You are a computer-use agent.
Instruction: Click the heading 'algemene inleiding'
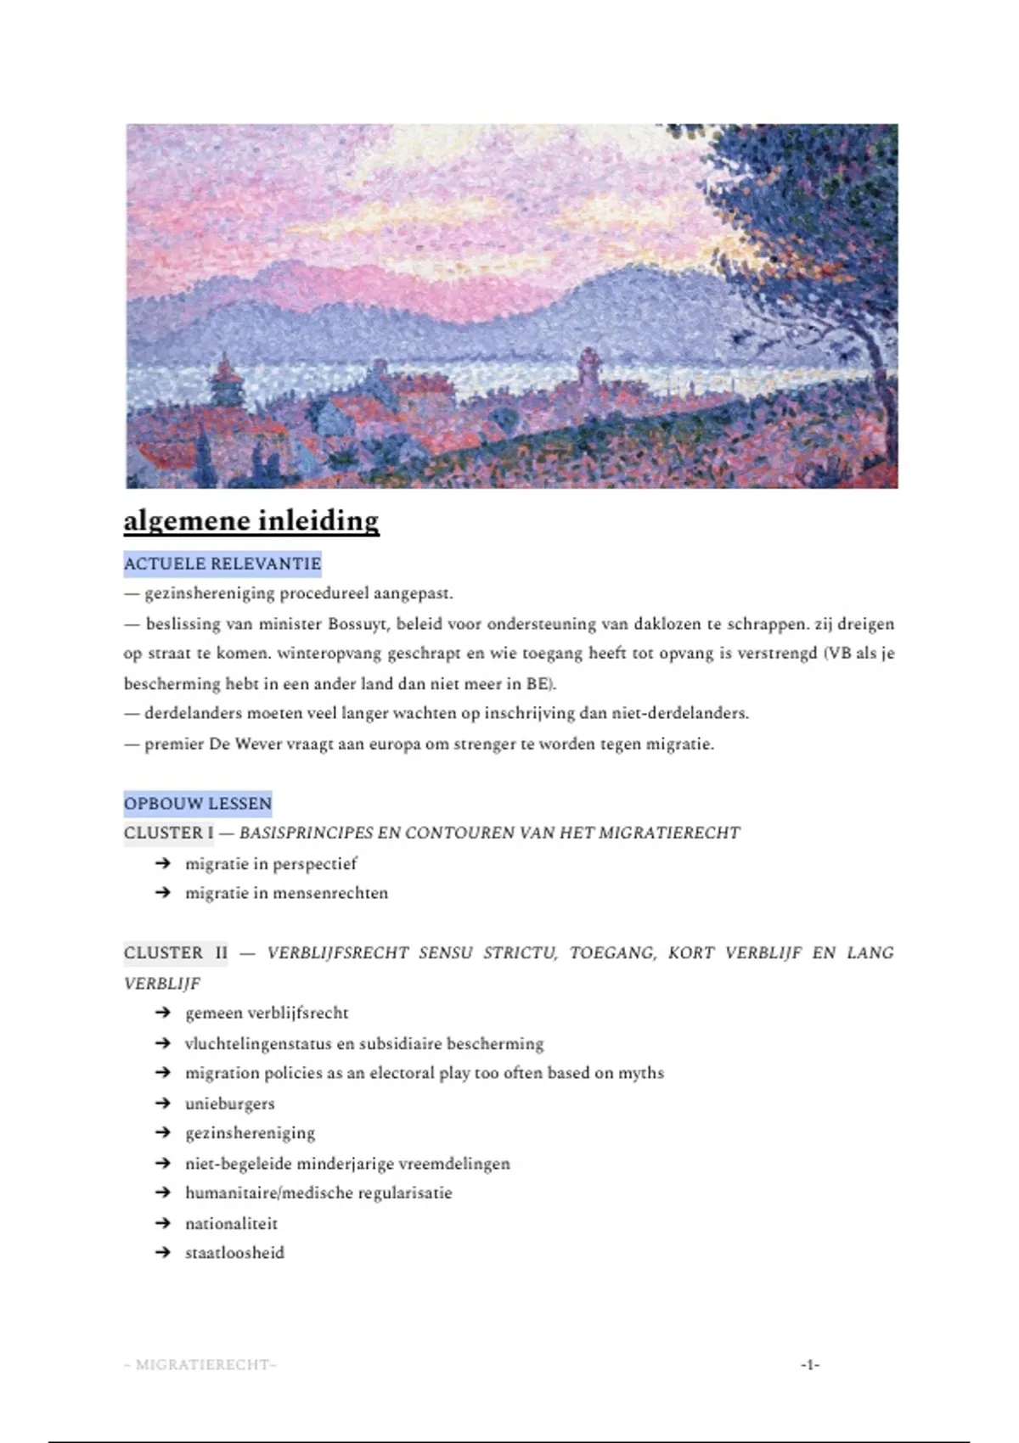click(x=251, y=520)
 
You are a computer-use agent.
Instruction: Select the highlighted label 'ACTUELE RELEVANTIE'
click(x=222, y=564)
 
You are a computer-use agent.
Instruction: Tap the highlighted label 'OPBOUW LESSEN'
click(x=198, y=803)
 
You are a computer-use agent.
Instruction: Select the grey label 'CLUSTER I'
click(x=169, y=833)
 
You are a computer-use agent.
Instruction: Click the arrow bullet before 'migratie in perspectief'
click(x=163, y=863)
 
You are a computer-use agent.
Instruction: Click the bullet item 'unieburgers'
click(x=230, y=1103)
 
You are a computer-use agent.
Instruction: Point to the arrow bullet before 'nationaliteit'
click(x=163, y=1223)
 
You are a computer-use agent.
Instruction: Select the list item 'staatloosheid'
click(x=235, y=1253)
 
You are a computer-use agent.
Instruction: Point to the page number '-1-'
click(x=809, y=1365)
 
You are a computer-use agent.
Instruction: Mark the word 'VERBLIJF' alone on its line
click(x=162, y=984)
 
